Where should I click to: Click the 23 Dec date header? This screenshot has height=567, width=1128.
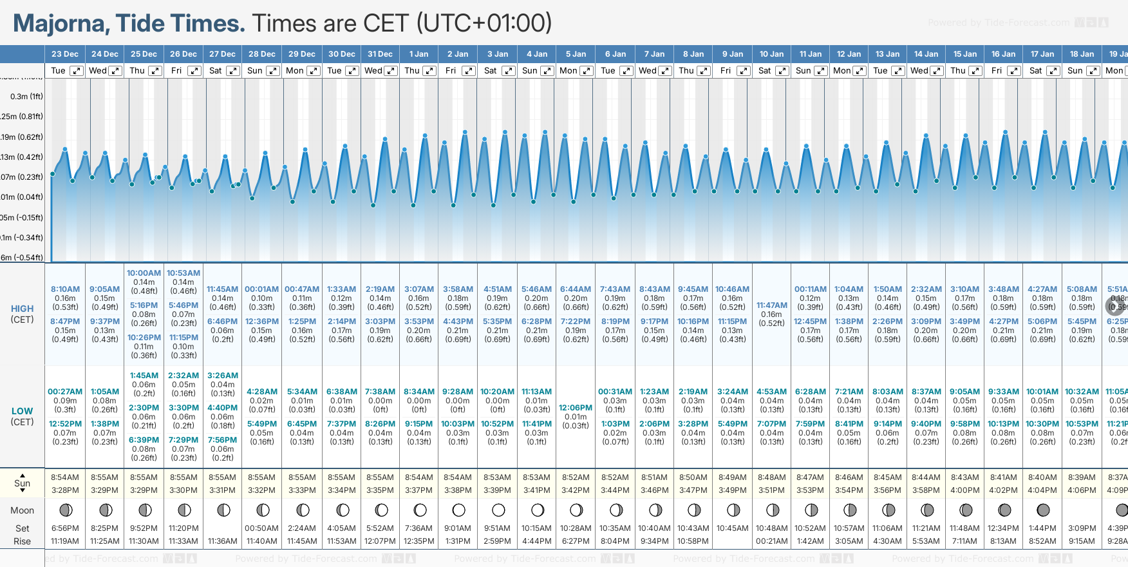coord(64,54)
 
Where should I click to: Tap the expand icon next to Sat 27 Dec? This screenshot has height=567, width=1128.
coord(233,71)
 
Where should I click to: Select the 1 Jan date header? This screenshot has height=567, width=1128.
coord(418,54)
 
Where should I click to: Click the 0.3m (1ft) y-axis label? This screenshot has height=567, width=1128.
coord(26,97)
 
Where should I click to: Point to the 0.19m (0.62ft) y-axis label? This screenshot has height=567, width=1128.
coord(22,137)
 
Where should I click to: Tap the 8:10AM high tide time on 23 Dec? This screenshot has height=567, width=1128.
coord(65,289)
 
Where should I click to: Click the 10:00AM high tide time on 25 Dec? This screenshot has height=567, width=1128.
coord(144,273)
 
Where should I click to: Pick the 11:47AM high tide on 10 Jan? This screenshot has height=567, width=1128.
coord(771,305)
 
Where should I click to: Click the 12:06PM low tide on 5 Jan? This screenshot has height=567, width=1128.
coord(576,408)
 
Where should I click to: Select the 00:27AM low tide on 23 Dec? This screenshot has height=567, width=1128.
coord(65,392)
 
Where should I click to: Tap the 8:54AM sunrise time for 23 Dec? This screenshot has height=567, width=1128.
coord(65,477)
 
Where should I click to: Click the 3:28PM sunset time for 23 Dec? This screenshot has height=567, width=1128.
coord(65,490)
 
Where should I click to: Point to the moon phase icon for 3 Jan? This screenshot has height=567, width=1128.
coord(498,510)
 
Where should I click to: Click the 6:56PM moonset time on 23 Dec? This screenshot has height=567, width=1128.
coord(65,528)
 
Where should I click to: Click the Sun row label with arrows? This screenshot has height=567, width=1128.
coord(22,483)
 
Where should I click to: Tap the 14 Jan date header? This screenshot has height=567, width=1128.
coord(926,54)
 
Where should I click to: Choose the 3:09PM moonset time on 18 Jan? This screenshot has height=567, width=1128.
coord(1082,528)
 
